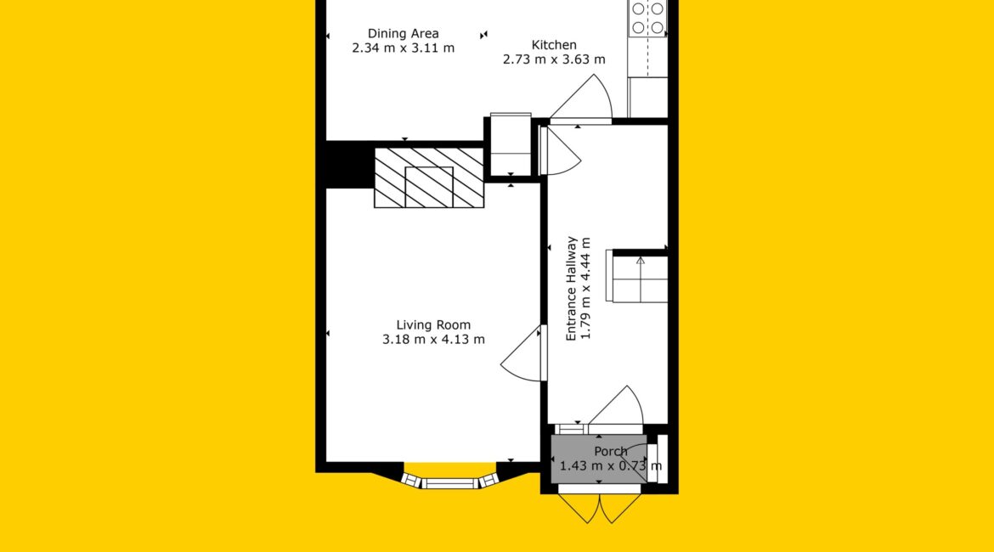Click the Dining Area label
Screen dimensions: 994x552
(404, 34)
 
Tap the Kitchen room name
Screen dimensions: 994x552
(554, 45)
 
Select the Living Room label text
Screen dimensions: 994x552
(433, 325)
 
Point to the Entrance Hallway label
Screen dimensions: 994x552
(571, 289)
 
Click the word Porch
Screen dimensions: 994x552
(611, 451)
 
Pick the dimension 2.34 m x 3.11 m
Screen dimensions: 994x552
(404, 48)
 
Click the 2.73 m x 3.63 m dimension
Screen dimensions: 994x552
(554, 59)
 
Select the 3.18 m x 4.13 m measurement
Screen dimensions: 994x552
(433, 340)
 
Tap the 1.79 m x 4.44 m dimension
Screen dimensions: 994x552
(585, 289)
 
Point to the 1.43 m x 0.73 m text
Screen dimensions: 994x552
(611, 466)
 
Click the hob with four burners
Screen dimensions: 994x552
(648, 19)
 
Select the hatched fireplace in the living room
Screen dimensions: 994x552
(429, 177)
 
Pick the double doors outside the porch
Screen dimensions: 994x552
(599, 507)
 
